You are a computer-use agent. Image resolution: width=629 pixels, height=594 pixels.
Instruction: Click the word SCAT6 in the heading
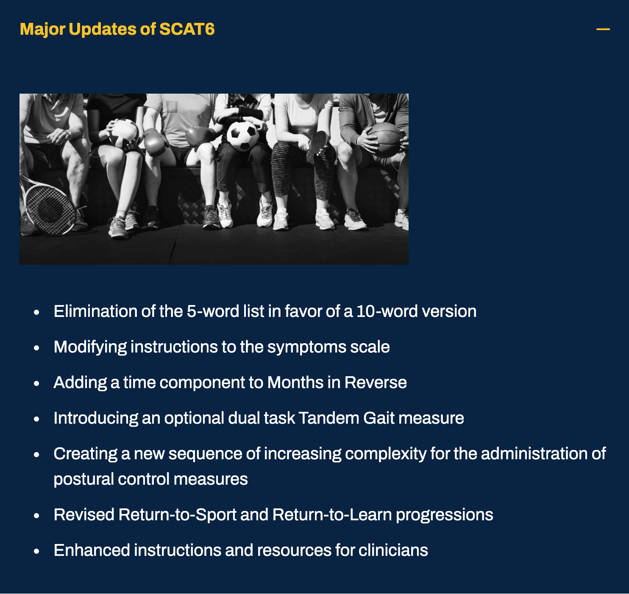point(186,29)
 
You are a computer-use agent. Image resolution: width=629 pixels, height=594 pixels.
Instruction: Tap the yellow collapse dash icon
point(603,29)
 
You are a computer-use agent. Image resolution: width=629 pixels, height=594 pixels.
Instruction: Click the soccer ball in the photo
point(242,136)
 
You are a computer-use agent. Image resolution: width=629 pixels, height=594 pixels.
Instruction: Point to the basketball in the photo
point(384,140)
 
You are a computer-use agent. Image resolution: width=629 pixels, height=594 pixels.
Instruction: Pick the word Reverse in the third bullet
point(376,383)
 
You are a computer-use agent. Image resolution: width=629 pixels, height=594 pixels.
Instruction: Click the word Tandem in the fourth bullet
point(329,418)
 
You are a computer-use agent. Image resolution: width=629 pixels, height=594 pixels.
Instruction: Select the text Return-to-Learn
point(332,515)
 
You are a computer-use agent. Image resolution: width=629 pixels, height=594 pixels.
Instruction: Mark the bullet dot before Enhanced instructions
point(37,551)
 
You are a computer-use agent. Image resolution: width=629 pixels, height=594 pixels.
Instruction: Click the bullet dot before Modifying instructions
point(37,347)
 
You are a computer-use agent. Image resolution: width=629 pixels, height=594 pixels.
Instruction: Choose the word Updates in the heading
point(102,29)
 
